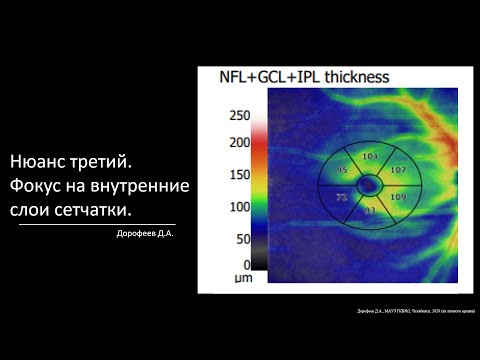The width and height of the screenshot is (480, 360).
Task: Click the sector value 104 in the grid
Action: [x=370, y=156]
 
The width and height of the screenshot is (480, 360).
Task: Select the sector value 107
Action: [x=397, y=170]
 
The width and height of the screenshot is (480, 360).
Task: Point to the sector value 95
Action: [x=342, y=170]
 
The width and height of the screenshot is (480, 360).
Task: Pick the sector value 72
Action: [x=341, y=198]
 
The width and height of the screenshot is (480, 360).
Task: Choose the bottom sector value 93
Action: [x=370, y=210]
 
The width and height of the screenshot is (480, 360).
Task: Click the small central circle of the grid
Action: [x=370, y=184]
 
